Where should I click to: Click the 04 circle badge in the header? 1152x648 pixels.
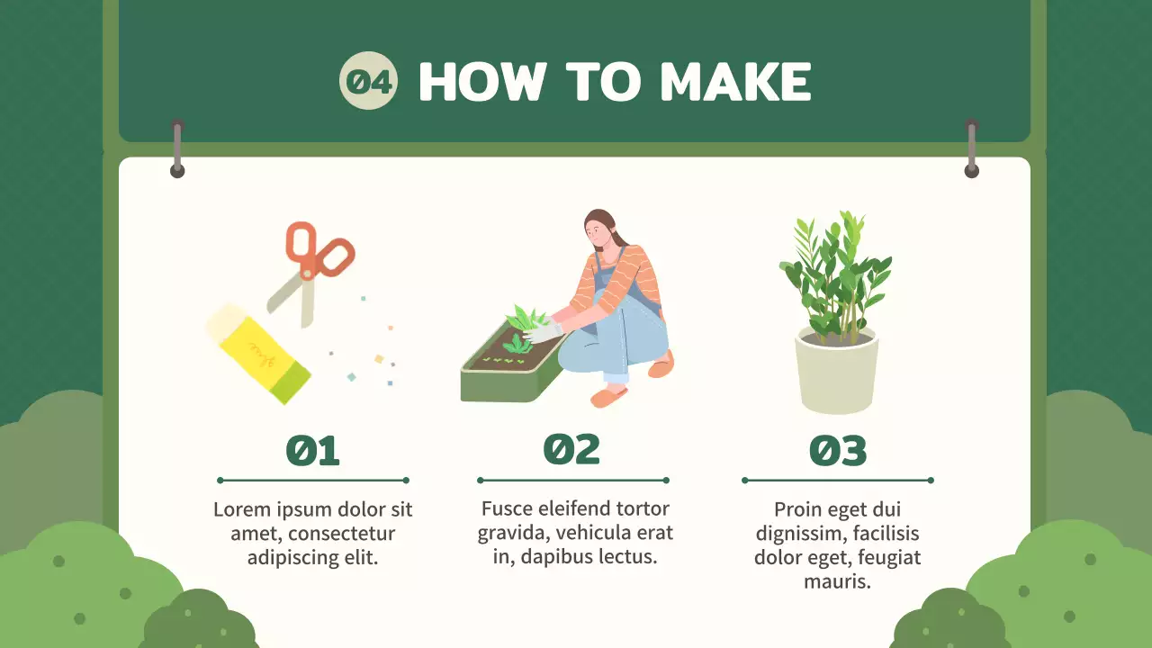point(368,81)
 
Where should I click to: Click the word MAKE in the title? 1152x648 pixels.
point(735,81)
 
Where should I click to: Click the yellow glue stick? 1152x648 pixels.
point(258,354)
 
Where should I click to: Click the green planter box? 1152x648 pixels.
point(512,365)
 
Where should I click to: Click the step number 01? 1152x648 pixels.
point(312,451)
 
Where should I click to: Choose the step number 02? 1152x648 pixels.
point(571,449)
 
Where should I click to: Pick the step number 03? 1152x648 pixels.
point(838,451)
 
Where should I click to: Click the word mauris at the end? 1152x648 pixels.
point(837,581)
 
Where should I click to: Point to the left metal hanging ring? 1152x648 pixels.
point(177,149)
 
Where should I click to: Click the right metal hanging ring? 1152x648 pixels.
point(971,149)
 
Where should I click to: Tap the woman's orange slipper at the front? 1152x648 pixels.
point(609,397)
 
